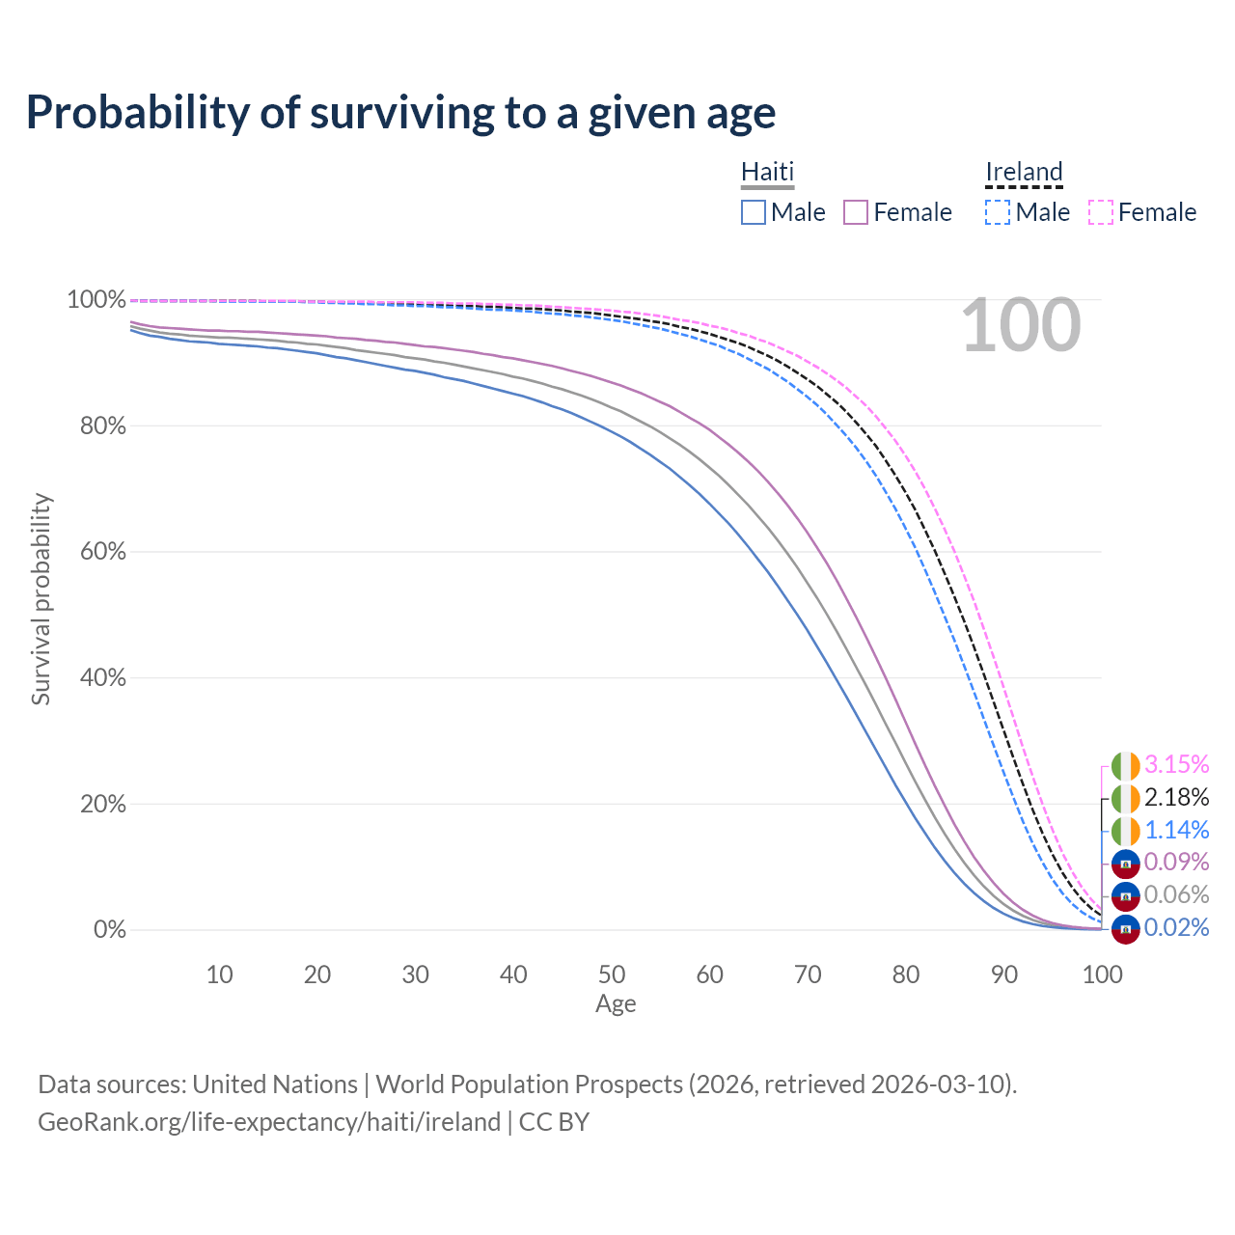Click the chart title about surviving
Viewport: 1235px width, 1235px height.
tap(400, 113)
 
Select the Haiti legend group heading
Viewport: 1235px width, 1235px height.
tap(767, 173)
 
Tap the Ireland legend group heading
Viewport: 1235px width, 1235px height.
tap(1024, 173)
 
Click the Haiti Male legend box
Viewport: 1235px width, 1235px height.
tap(754, 212)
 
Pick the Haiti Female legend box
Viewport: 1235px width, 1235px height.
tap(856, 212)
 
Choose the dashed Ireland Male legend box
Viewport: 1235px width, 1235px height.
tap(998, 212)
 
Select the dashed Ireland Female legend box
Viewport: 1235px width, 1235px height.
tap(1101, 212)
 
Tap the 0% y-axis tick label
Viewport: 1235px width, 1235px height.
tap(109, 930)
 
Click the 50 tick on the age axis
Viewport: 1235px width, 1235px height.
tap(612, 974)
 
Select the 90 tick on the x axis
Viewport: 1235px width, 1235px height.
tap(1004, 974)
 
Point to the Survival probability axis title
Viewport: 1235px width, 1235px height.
tap(41, 599)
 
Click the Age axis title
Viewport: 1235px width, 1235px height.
tap(616, 1004)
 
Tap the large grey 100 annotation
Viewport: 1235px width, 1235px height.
tap(1021, 325)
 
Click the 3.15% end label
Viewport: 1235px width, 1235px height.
tap(1176, 764)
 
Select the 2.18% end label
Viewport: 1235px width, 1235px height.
tap(1176, 797)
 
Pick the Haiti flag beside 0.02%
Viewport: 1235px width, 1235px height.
tap(1126, 929)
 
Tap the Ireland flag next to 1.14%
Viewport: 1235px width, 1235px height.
tap(1126, 830)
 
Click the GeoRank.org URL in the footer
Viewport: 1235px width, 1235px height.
tap(269, 1122)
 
